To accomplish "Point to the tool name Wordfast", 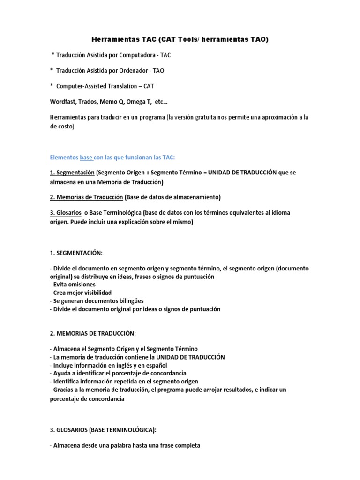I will click(62, 102).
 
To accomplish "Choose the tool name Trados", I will click(89, 102).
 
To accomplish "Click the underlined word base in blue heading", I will click(86, 157).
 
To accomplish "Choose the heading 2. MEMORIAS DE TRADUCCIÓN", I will click(92, 333).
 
